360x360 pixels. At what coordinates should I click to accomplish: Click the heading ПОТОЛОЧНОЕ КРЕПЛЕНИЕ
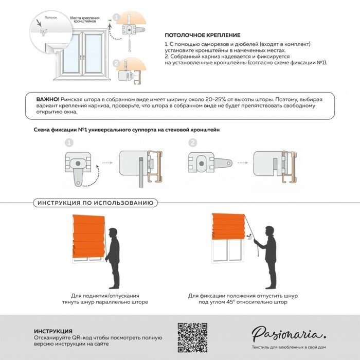202,35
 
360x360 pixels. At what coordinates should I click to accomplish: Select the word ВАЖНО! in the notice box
47,99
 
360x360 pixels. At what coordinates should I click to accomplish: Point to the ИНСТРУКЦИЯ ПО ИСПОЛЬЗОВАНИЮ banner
95,203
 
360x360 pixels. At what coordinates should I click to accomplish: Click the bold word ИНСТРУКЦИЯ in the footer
53,331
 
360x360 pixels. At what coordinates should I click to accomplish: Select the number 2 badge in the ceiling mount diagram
116,63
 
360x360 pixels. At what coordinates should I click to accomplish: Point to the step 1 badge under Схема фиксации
68,142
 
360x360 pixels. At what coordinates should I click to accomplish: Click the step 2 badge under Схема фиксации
192,142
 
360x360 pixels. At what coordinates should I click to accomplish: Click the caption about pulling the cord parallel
109,299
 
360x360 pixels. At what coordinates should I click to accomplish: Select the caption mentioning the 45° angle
243,299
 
